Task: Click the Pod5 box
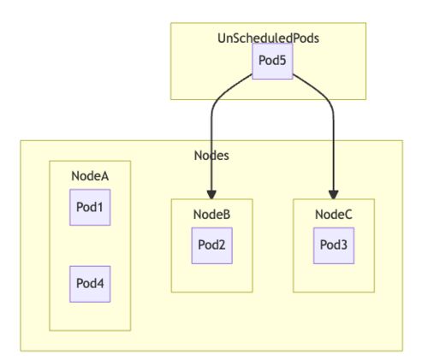coord(272,61)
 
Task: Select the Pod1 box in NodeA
coord(90,207)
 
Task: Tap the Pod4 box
coord(90,284)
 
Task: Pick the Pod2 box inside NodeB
coord(211,245)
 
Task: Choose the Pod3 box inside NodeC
coord(334,245)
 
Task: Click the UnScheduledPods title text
coord(268,38)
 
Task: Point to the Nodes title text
coord(211,156)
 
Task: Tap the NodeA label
coord(90,176)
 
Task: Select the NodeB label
coord(211,215)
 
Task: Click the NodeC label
coord(334,215)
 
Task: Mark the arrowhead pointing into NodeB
coord(211,195)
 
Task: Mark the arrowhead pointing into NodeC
coord(333,195)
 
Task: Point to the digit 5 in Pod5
coord(282,61)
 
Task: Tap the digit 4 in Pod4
coord(100,283)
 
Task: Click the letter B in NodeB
coord(227,215)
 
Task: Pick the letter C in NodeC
coord(348,215)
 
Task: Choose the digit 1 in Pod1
coord(99,207)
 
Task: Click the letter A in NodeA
coord(104,176)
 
